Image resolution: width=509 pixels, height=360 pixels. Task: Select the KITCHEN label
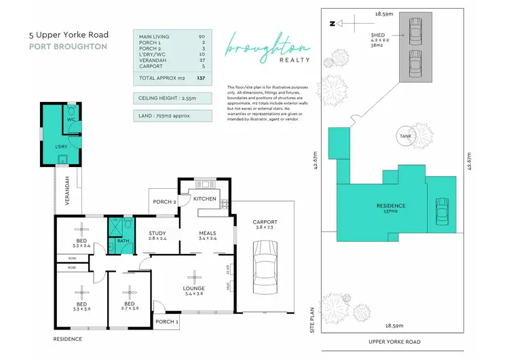click(204, 199)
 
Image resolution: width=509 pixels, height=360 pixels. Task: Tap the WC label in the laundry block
click(70, 119)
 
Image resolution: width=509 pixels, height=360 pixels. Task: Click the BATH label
click(123, 240)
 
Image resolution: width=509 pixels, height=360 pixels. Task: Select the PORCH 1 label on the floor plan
click(167, 321)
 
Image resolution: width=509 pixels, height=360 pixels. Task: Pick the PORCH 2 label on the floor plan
click(164, 201)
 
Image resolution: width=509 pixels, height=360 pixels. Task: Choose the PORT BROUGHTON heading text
click(68, 47)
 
